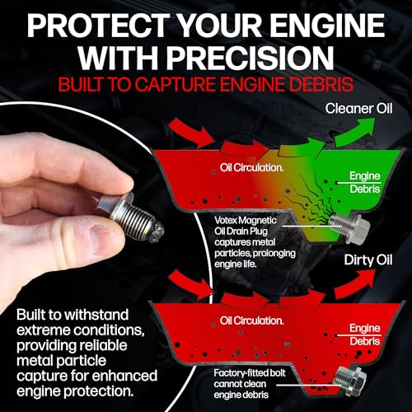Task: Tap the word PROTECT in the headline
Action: coord(102,23)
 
